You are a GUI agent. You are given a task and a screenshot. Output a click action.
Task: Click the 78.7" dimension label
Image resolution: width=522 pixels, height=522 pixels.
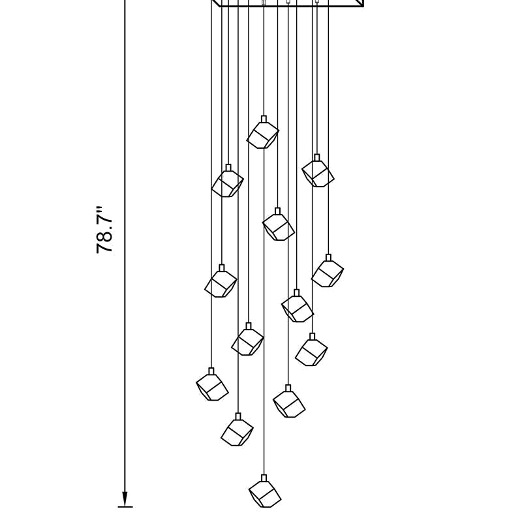(x=104, y=230)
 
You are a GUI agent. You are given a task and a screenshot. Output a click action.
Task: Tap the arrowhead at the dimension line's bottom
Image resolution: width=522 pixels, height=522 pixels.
(x=125, y=499)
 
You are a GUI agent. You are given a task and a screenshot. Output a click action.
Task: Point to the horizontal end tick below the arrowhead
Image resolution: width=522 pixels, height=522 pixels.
(x=125, y=507)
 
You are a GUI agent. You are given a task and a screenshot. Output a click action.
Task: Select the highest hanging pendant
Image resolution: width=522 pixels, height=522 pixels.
(x=263, y=132)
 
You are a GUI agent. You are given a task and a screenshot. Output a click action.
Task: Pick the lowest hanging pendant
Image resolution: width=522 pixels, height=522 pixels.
(x=265, y=491)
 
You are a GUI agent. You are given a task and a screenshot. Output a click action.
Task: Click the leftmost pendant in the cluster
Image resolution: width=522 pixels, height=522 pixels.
(x=212, y=384)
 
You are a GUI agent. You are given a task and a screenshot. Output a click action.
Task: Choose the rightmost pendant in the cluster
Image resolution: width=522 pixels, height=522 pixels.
(x=328, y=271)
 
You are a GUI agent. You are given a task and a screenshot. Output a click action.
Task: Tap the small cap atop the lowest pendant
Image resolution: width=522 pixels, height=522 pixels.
(x=264, y=478)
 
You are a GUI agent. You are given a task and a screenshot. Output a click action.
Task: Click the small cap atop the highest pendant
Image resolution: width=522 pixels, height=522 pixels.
(x=264, y=119)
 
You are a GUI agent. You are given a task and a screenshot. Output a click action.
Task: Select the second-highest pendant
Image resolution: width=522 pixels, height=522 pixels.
(x=318, y=170)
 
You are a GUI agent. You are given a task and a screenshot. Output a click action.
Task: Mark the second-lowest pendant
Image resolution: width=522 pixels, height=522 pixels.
(x=237, y=429)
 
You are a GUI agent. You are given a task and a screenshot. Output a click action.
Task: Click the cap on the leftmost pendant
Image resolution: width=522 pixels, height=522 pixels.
(x=211, y=371)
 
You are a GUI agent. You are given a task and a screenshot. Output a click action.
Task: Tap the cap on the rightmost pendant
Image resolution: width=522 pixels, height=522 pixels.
(x=329, y=257)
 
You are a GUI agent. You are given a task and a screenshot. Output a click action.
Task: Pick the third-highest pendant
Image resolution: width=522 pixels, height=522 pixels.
(x=228, y=181)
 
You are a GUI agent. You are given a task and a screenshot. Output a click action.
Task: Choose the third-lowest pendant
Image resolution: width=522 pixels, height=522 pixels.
(x=289, y=401)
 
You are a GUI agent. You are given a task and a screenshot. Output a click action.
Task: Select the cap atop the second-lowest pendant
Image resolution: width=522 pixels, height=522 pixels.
(x=238, y=416)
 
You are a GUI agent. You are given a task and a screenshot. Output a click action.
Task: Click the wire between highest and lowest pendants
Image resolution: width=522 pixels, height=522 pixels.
(x=264, y=312)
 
